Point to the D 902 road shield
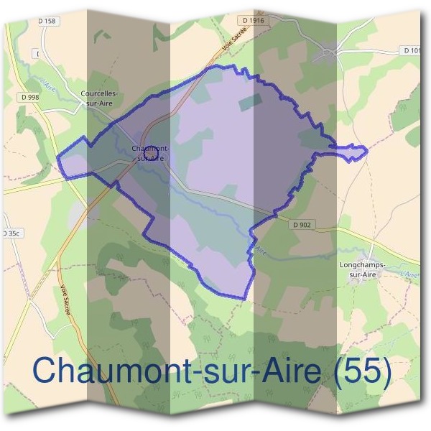pos(302,225)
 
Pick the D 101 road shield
pos(413,51)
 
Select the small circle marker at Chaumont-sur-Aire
pos(149,152)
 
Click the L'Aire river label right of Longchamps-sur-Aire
pos(410,274)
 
